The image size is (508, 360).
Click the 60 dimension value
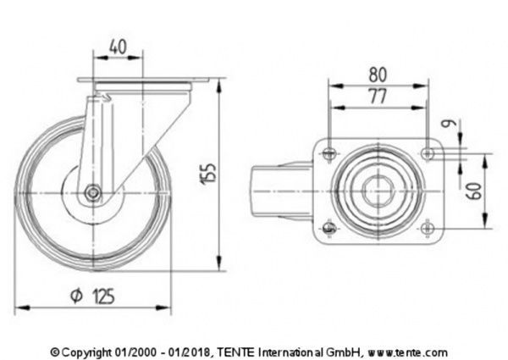tap(479, 191)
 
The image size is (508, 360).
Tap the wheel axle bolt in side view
tap(93, 193)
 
